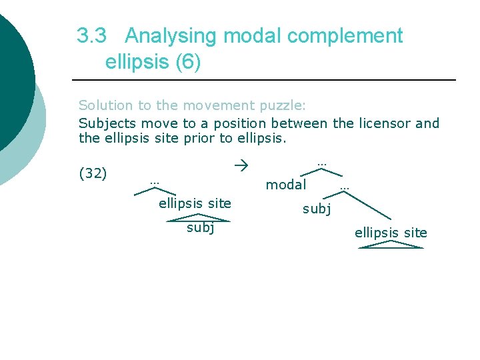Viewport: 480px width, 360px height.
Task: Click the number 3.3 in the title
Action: [x=91, y=36]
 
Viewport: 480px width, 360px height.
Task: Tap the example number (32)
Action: [x=93, y=174]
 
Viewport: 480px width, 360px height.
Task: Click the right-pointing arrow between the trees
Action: [x=241, y=163]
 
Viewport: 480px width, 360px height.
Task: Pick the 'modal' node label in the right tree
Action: [x=286, y=185]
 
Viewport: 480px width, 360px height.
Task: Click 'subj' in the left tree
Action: [x=199, y=229]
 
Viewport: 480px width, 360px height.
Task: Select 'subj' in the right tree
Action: [x=316, y=209]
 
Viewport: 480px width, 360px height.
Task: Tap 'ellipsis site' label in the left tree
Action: [x=195, y=203]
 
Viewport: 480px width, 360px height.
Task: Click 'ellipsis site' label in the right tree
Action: [x=391, y=233]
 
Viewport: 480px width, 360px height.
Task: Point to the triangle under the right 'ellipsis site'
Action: [x=391, y=244]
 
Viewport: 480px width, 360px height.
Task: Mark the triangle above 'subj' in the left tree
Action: [x=197, y=217]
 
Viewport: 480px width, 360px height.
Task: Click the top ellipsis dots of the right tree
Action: [x=322, y=163]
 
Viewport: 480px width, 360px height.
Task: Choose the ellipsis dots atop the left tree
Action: [x=154, y=182]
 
